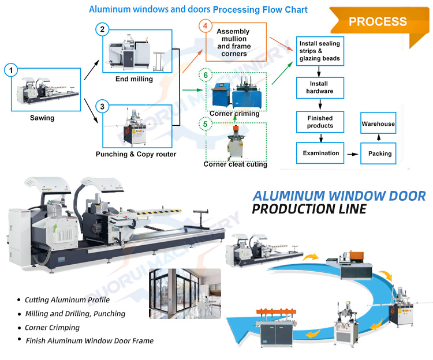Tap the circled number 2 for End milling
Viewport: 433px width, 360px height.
[102, 29]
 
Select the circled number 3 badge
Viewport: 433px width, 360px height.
[102, 106]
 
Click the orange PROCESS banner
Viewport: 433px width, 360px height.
[378, 22]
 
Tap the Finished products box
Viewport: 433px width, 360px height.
[319, 122]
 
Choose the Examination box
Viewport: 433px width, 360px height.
[319, 153]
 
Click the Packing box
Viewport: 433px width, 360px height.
[379, 153]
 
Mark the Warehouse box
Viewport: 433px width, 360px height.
[378, 124]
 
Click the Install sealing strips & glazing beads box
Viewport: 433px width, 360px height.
[319, 51]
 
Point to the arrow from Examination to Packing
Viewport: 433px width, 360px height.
[351, 153]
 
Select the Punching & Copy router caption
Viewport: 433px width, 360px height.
[136, 155]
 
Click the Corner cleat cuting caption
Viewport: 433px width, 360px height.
[235, 164]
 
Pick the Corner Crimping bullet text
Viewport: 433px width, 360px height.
[53, 327]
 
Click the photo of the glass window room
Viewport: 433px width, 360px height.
[185, 293]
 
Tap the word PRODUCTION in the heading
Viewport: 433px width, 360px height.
[295, 208]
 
